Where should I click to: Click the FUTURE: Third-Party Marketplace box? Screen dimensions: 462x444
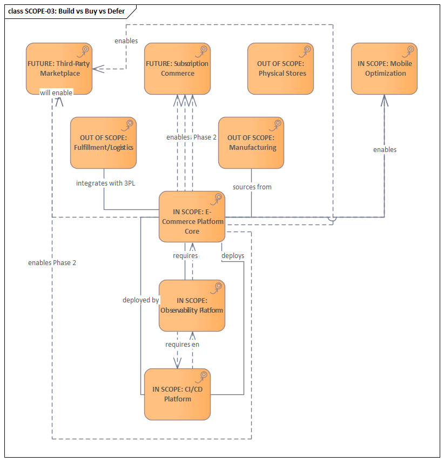59,69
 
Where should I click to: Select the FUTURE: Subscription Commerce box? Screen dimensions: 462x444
177,69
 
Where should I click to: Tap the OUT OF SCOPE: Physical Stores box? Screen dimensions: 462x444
280,69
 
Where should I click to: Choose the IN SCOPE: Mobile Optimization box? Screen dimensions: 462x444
384,69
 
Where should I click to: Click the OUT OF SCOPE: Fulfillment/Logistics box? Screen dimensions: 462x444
103,143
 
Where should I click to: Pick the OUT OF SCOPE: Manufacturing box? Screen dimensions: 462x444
251,143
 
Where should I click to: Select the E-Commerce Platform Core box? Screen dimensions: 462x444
192,216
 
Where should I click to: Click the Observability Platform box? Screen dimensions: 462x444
192,306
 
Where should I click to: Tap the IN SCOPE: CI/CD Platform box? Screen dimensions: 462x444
177,394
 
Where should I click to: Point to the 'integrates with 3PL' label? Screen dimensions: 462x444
106,183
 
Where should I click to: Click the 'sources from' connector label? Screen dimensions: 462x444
252,187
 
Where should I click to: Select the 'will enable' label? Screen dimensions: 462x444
56,93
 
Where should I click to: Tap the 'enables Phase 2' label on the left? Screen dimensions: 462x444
52,262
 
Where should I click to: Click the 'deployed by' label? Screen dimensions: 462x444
140,300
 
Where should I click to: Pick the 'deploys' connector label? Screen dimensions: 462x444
233,255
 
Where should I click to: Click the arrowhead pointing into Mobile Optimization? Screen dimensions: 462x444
385,100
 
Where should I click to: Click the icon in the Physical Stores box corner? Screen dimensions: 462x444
307,50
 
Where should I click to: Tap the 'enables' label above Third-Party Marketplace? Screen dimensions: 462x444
126,41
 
